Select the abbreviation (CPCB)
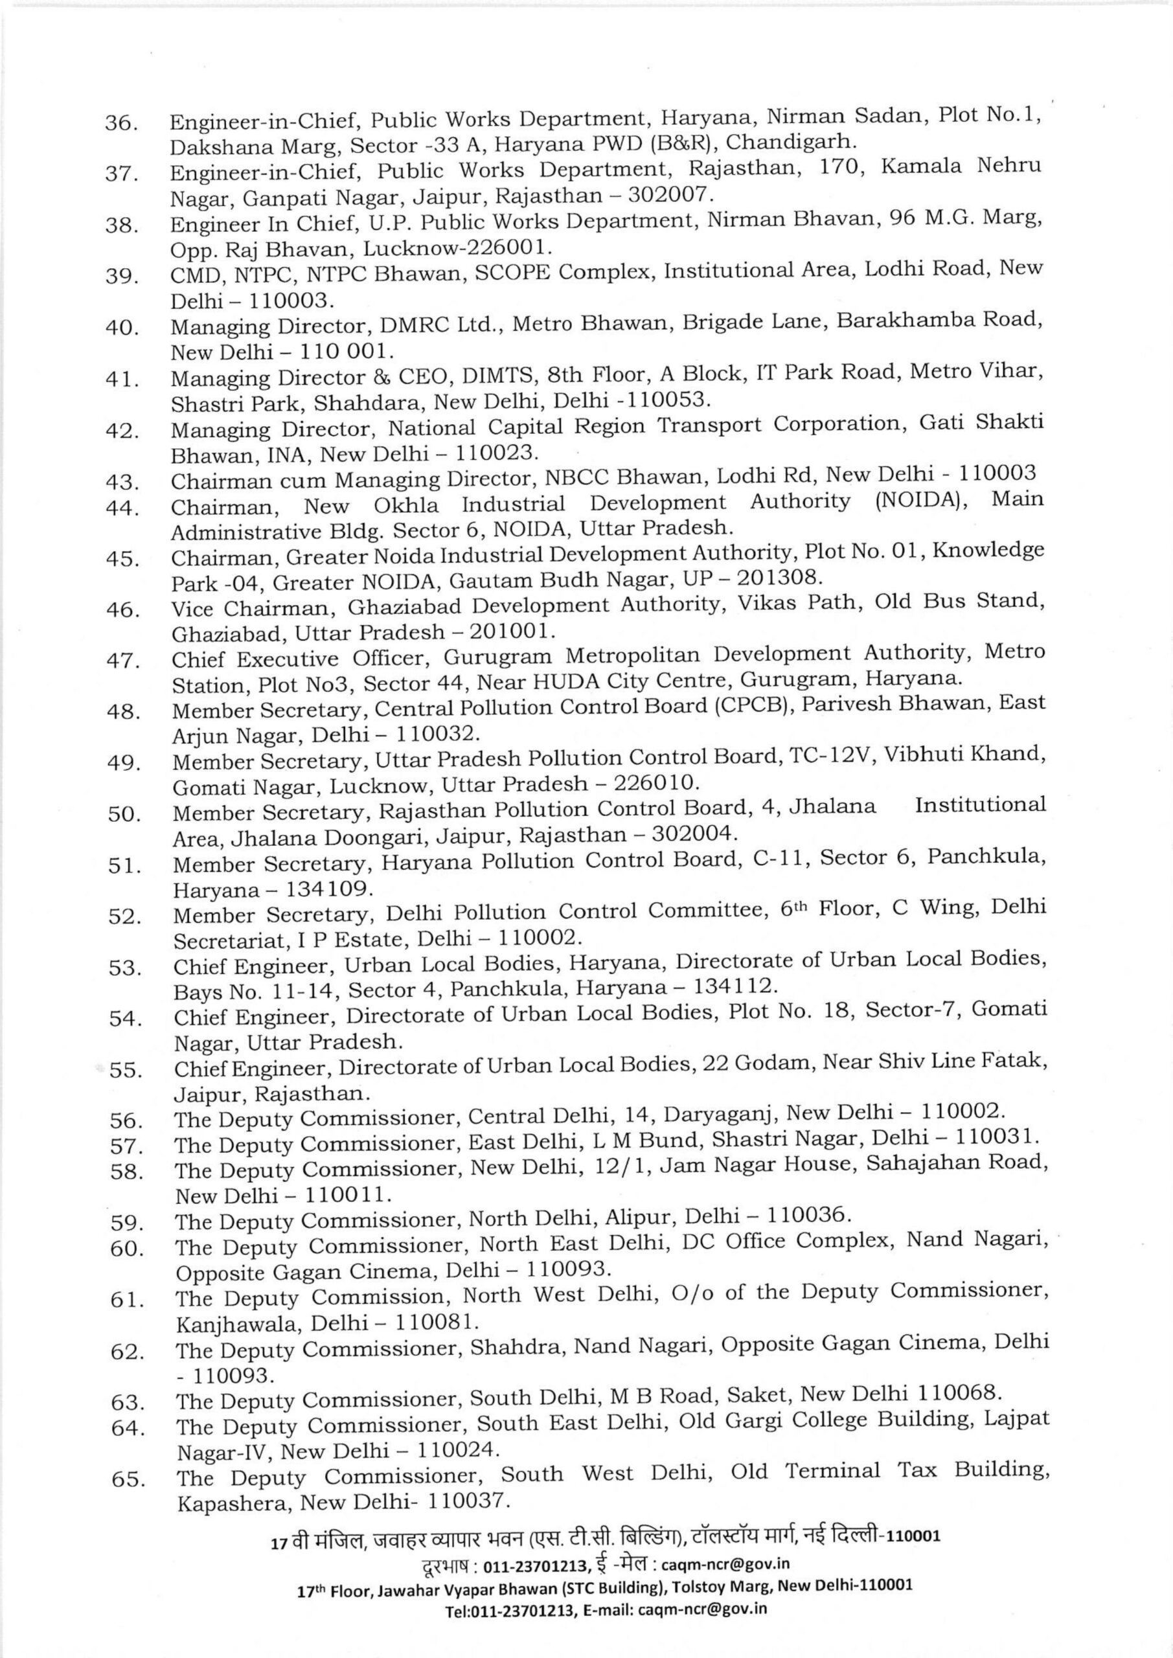tap(755, 705)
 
